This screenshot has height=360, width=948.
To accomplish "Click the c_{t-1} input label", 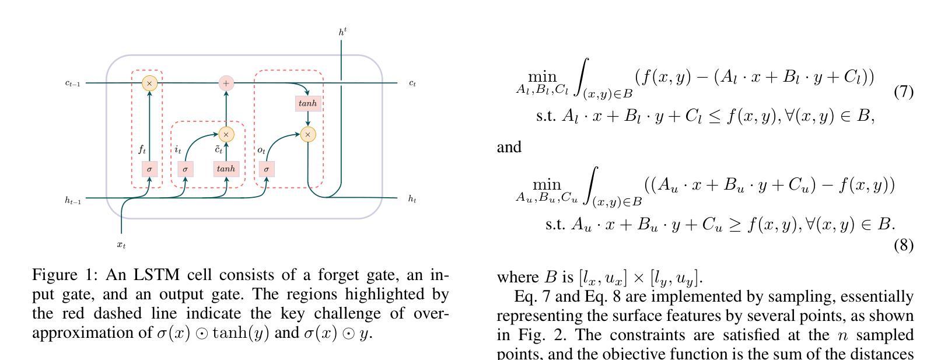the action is click(72, 83).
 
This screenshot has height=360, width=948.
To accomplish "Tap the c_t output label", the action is click(412, 83).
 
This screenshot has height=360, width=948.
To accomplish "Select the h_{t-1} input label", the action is click(72, 200).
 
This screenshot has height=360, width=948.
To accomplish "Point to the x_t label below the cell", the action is click(121, 245).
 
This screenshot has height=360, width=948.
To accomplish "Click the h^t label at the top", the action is click(343, 32).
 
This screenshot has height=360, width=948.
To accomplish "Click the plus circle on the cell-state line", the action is click(226, 83).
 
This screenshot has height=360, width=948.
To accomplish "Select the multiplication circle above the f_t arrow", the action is click(149, 83).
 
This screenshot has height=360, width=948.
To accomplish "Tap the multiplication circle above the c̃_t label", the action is click(226, 134).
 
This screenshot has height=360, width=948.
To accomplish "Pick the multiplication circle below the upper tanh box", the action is click(308, 134).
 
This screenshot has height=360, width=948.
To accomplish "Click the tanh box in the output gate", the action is click(307, 103).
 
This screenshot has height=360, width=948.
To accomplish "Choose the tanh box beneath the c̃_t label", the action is click(226, 169).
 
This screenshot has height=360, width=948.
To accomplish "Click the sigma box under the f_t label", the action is click(149, 169).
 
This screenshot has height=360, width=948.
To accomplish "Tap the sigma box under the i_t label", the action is click(185, 169).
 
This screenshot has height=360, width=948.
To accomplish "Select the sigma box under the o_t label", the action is click(267, 169).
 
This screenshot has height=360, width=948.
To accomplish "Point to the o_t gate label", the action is click(261, 150).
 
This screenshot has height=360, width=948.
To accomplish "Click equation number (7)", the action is click(903, 92).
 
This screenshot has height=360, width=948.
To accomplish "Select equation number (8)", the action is click(903, 245).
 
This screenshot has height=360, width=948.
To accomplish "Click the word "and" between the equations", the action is click(509, 147).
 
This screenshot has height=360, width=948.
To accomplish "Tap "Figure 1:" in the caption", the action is click(65, 275).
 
